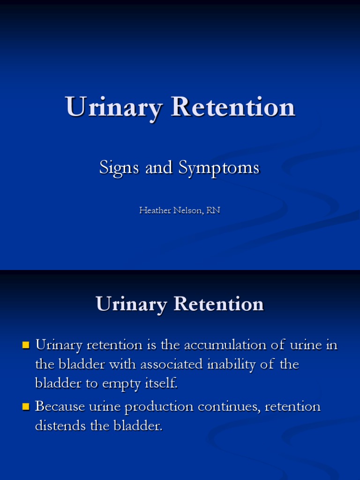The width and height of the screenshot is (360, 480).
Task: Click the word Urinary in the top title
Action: click(x=114, y=107)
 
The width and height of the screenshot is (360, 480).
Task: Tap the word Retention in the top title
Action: click(x=233, y=107)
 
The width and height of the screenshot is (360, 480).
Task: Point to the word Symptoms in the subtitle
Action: click(x=218, y=167)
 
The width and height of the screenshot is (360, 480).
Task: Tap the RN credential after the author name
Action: click(x=213, y=210)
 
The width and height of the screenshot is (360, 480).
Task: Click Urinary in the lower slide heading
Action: click(x=131, y=304)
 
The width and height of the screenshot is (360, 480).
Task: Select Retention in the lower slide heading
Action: click(x=218, y=304)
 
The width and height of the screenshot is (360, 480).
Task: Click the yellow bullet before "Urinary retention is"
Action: click(x=26, y=345)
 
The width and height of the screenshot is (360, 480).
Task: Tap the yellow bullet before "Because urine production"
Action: click(x=26, y=406)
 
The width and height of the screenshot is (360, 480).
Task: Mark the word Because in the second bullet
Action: click(x=59, y=406)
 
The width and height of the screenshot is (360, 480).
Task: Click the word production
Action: click(x=159, y=406)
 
